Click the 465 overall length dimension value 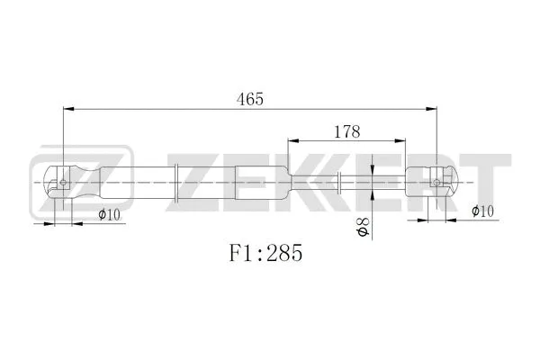249,99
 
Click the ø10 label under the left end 108,214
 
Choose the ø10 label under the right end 483,211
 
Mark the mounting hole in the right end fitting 436,182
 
